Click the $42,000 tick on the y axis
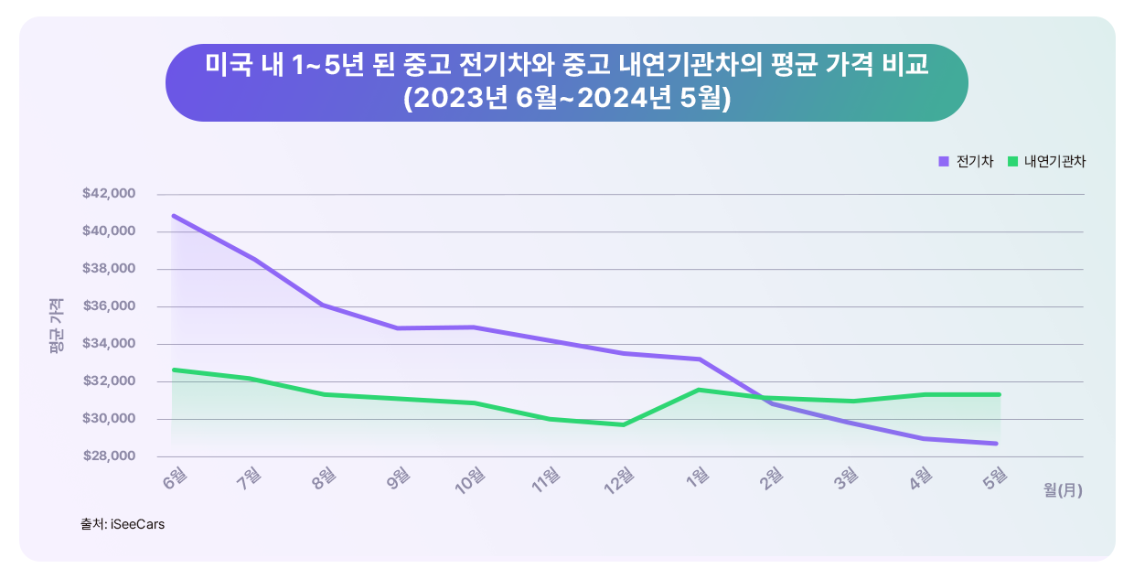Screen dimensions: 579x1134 [x=109, y=194]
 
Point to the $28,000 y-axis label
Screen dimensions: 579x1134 [x=109, y=456]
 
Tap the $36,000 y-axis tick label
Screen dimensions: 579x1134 [x=109, y=306]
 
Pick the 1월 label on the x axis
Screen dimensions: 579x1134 [x=696, y=477]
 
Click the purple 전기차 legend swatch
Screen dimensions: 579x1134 [x=944, y=162]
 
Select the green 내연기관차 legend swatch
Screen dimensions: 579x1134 [x=1012, y=162]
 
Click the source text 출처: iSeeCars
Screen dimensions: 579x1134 [x=122, y=525]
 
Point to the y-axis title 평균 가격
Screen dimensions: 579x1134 [x=57, y=327]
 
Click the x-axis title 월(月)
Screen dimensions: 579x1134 [x=1063, y=490]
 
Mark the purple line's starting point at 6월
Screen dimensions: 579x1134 [x=172, y=216]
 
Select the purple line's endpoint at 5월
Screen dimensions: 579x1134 [x=1000, y=444]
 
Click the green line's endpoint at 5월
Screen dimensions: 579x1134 [x=1000, y=394]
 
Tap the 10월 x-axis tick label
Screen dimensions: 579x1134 [x=469, y=478]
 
